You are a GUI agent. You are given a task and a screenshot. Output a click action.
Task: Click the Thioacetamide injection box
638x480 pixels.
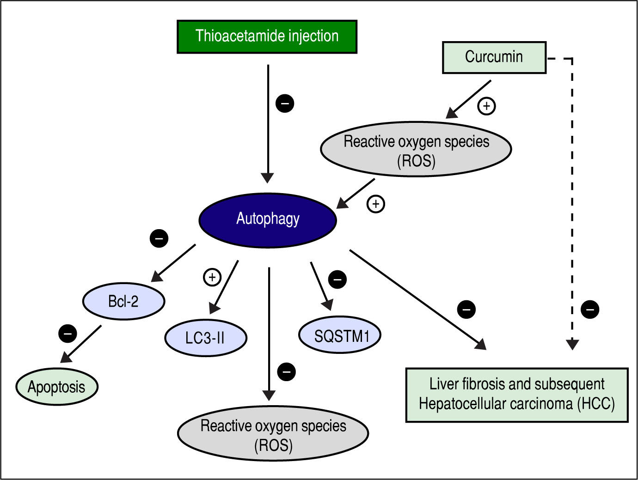coord(267,36)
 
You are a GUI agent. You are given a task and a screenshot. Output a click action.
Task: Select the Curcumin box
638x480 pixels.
coord(494,57)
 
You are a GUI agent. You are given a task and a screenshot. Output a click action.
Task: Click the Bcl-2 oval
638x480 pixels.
coord(123,301)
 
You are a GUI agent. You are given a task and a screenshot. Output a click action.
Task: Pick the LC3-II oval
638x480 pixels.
coord(205,338)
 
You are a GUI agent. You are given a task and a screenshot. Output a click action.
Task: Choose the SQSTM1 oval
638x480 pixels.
coord(340,335)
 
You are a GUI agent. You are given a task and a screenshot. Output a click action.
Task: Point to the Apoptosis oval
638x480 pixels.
coord(57,387)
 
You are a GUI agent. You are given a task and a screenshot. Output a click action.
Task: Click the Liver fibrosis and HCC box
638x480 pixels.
coord(516,395)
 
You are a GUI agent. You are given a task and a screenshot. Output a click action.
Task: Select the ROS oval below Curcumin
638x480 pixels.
coord(416,149)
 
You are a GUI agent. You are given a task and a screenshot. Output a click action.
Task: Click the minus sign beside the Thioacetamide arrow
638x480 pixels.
coord(285,103)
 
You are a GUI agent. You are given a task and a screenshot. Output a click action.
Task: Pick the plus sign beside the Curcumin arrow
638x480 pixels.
coord(486,106)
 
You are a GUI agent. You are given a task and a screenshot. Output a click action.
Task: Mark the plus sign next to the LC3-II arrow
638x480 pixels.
coord(212,277)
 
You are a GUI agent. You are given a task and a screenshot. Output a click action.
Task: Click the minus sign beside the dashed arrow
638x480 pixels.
coord(590,309)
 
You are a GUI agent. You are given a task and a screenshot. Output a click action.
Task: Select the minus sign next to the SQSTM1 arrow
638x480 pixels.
coord(337,279)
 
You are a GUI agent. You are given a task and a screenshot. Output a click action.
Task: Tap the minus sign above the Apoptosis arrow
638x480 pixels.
coord(67,333)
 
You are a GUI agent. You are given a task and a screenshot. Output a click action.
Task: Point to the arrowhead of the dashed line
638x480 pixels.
coord(572,344)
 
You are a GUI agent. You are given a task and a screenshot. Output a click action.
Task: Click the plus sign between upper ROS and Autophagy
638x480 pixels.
coord(375,204)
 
